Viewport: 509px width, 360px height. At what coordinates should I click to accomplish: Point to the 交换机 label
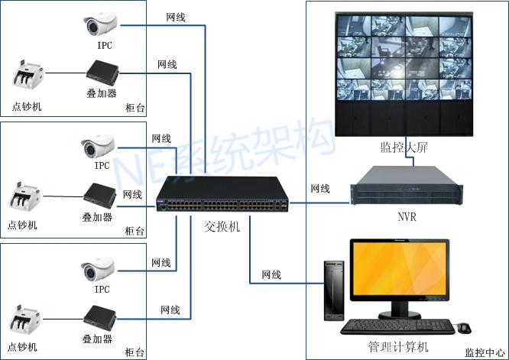tap(222, 227)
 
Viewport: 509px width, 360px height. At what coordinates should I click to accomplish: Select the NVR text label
tap(407, 217)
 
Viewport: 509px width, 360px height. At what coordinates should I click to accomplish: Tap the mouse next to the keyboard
tap(464, 328)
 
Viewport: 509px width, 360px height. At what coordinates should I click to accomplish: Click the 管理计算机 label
tap(398, 347)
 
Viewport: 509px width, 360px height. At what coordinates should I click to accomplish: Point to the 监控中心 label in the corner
tap(485, 352)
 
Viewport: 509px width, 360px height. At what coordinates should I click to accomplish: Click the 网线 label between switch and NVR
tap(320, 188)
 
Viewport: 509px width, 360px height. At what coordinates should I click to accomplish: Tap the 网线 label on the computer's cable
tap(271, 274)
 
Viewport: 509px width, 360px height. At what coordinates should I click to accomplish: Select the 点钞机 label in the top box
tap(27, 106)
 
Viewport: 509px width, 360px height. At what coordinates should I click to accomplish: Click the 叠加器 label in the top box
tap(102, 92)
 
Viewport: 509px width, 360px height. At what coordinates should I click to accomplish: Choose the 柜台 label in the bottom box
tap(135, 352)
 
